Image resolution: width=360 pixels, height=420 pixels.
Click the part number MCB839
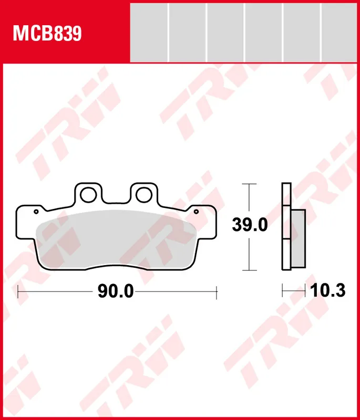click(47, 34)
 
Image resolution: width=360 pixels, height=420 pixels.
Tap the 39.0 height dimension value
click(250, 226)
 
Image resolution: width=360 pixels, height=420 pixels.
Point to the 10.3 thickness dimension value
click(328, 291)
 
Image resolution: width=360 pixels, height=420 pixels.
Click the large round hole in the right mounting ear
click(143, 195)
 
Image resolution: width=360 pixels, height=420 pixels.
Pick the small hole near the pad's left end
click(36, 212)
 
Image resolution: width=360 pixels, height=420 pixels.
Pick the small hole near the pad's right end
click(197, 212)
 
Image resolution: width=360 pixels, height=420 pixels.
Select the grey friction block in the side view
click(298, 237)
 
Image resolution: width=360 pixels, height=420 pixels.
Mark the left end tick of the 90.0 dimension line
click(18, 291)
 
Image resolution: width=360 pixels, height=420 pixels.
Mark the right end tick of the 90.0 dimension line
click(217, 291)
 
